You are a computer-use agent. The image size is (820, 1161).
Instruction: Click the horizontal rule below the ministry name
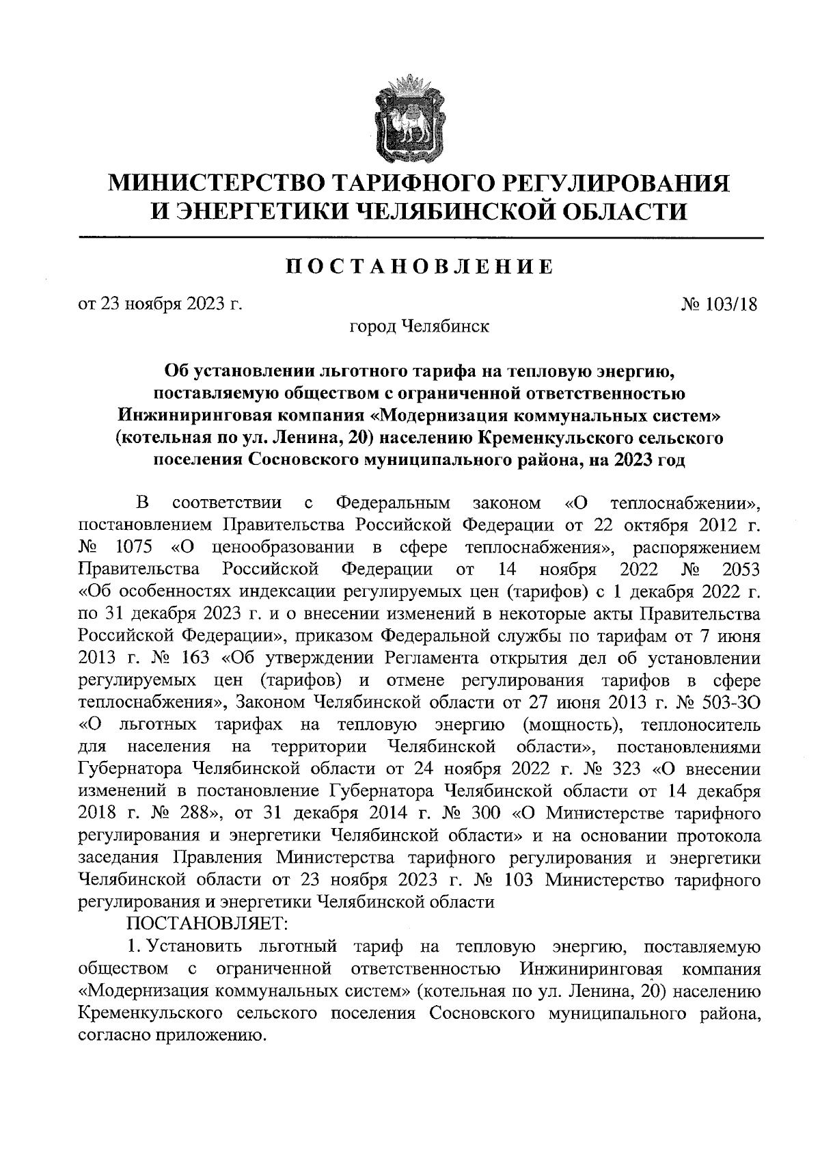(420, 237)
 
